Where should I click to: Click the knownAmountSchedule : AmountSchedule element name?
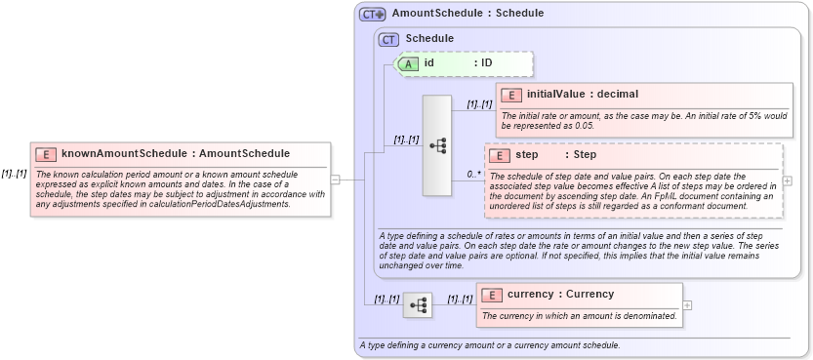(176, 153)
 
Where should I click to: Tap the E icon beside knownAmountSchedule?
(45, 154)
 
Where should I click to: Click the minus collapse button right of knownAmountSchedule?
(335, 179)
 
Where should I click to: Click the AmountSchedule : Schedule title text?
(467, 14)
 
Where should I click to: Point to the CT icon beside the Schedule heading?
(389, 39)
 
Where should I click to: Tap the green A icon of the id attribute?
(409, 63)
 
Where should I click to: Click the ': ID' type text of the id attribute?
(483, 63)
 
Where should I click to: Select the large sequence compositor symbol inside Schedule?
(436, 144)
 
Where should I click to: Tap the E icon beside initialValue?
(510, 95)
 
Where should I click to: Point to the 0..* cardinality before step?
(473, 175)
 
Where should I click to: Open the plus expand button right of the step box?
(788, 180)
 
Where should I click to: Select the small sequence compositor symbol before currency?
(418, 304)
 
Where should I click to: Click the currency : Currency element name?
(560, 294)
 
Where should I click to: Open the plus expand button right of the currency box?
(688, 304)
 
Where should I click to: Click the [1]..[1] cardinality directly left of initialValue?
(479, 104)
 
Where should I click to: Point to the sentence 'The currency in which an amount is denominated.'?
(579, 316)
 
